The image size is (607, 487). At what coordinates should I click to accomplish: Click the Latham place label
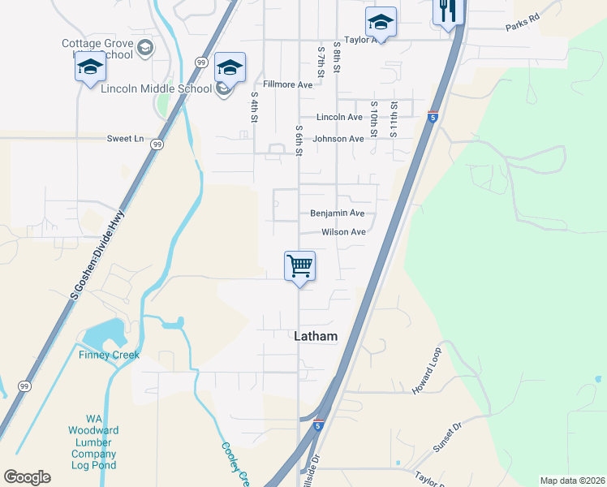(x=315, y=336)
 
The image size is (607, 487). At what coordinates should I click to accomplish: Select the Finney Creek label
(x=110, y=355)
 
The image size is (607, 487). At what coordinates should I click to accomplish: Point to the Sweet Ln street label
(x=125, y=139)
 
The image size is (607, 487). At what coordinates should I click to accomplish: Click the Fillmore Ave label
(x=288, y=84)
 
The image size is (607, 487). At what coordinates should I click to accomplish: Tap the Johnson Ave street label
(x=338, y=139)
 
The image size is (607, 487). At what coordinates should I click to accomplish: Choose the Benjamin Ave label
(x=338, y=213)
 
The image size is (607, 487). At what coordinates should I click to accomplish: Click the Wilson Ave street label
(x=343, y=232)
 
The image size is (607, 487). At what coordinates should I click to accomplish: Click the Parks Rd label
(x=522, y=17)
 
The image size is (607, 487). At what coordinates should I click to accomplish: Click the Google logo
(x=27, y=477)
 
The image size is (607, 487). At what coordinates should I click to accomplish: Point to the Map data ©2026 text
(x=571, y=481)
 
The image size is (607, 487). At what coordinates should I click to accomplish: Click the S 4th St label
(x=254, y=107)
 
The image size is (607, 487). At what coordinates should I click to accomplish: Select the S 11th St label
(x=394, y=119)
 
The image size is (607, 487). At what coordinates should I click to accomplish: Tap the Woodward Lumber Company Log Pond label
(x=93, y=442)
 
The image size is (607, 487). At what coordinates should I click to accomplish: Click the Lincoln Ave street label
(x=339, y=118)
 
